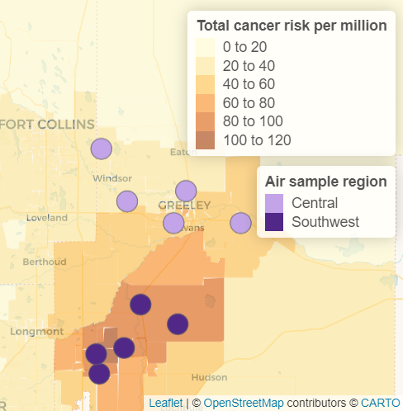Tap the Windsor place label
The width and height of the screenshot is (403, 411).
tap(112, 178)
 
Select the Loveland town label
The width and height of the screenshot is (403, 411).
tap(46, 218)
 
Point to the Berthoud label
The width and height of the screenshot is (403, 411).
tap(45, 262)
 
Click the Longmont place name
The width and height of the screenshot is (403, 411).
tap(32, 331)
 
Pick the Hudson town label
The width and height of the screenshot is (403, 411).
tap(209, 377)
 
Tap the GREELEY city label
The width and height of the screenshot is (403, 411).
tap(185, 205)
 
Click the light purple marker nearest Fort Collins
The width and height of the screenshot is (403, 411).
tap(101, 149)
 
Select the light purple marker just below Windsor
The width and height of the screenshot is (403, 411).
tap(126, 201)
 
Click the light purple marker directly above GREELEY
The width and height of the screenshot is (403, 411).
tap(186, 191)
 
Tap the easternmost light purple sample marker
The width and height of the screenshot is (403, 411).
tap(240, 223)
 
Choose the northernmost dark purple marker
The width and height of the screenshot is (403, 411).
tap(140, 304)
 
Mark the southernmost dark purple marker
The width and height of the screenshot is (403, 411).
tap(99, 374)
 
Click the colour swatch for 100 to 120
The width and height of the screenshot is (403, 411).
tap(206, 139)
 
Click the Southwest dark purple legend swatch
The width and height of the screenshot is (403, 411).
tap(274, 221)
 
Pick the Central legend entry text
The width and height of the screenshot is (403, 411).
tap(315, 203)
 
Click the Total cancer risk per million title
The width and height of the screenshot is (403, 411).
tap(292, 26)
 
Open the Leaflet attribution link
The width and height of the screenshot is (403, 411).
tap(166, 403)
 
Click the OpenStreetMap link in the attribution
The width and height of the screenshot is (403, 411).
tap(243, 403)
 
